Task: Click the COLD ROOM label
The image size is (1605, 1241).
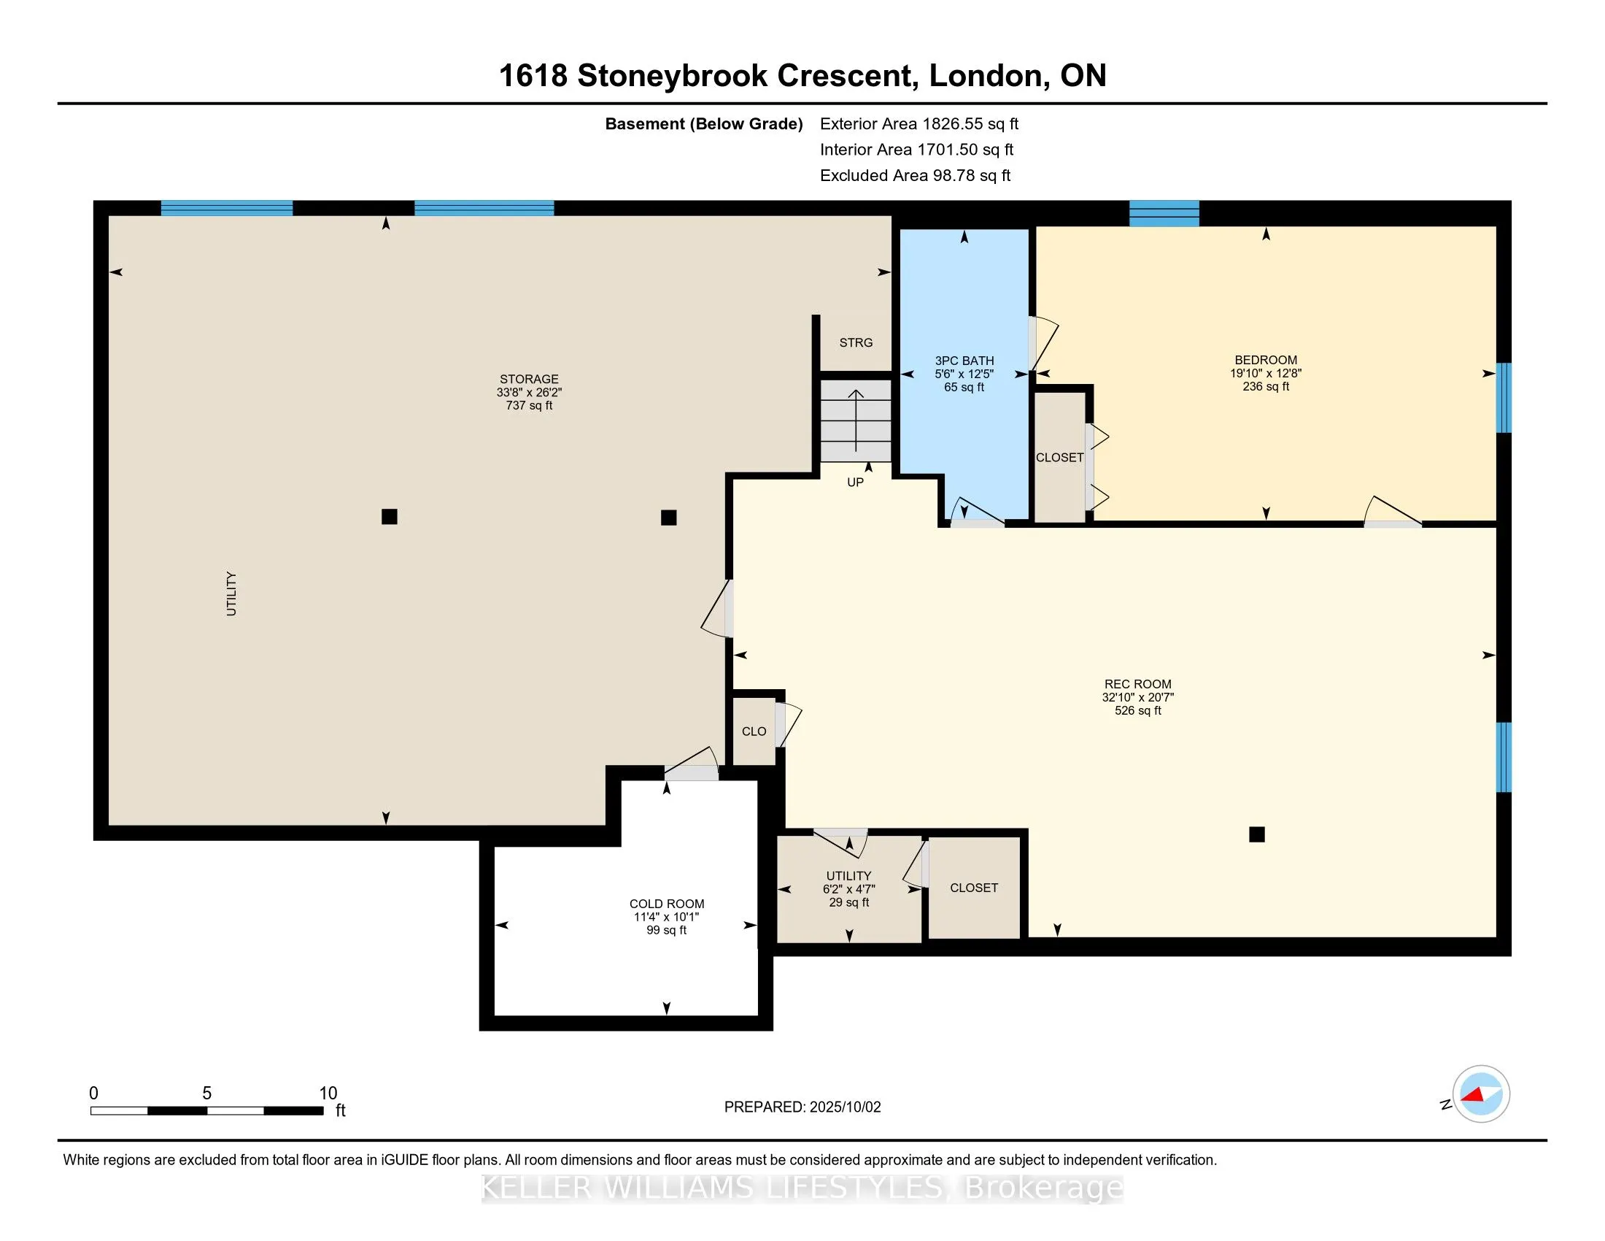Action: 667,904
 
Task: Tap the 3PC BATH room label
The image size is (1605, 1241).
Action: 964,360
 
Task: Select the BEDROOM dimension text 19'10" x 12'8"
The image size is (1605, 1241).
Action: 1266,373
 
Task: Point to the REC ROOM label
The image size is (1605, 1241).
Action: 1137,684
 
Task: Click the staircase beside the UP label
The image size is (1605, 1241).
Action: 856,420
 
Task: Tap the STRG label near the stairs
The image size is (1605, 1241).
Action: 856,342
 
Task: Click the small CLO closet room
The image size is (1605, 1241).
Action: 754,731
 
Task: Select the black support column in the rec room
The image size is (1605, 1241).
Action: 1257,834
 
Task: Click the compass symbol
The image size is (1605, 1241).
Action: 1481,1094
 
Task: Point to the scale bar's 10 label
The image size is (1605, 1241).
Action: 328,1094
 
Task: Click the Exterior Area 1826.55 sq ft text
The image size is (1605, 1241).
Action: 919,123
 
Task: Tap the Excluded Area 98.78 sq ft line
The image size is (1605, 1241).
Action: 916,175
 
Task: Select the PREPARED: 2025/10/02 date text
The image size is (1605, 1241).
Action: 802,1107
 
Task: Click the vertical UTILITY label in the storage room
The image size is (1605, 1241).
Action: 231,593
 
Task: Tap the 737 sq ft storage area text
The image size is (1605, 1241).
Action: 529,405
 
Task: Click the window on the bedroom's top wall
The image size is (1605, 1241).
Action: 1164,213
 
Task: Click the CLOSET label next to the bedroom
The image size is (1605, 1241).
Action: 1060,457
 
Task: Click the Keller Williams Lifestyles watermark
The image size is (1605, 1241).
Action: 802,1187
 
